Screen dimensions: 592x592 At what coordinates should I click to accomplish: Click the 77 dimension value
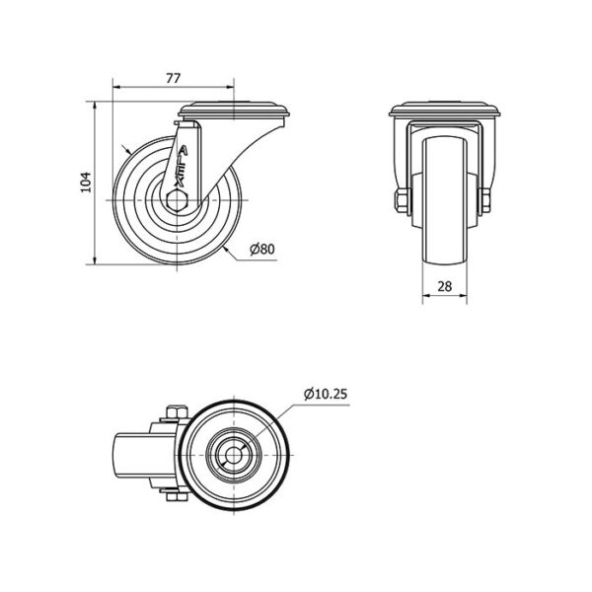click(x=174, y=78)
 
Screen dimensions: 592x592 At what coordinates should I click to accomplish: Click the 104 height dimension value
click(x=86, y=183)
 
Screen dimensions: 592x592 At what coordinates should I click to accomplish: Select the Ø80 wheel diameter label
click(x=262, y=250)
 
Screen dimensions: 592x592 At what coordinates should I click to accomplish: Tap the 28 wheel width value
click(x=445, y=286)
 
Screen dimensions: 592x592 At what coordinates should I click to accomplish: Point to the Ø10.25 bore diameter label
click(x=326, y=394)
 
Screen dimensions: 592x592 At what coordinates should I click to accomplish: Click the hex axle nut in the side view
click(x=177, y=200)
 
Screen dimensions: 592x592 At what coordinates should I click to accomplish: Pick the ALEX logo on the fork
click(x=181, y=167)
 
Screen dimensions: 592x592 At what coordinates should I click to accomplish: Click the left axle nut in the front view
click(x=401, y=200)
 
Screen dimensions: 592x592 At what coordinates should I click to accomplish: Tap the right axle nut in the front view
click(x=485, y=200)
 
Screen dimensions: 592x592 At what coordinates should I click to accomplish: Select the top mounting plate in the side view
click(x=234, y=109)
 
